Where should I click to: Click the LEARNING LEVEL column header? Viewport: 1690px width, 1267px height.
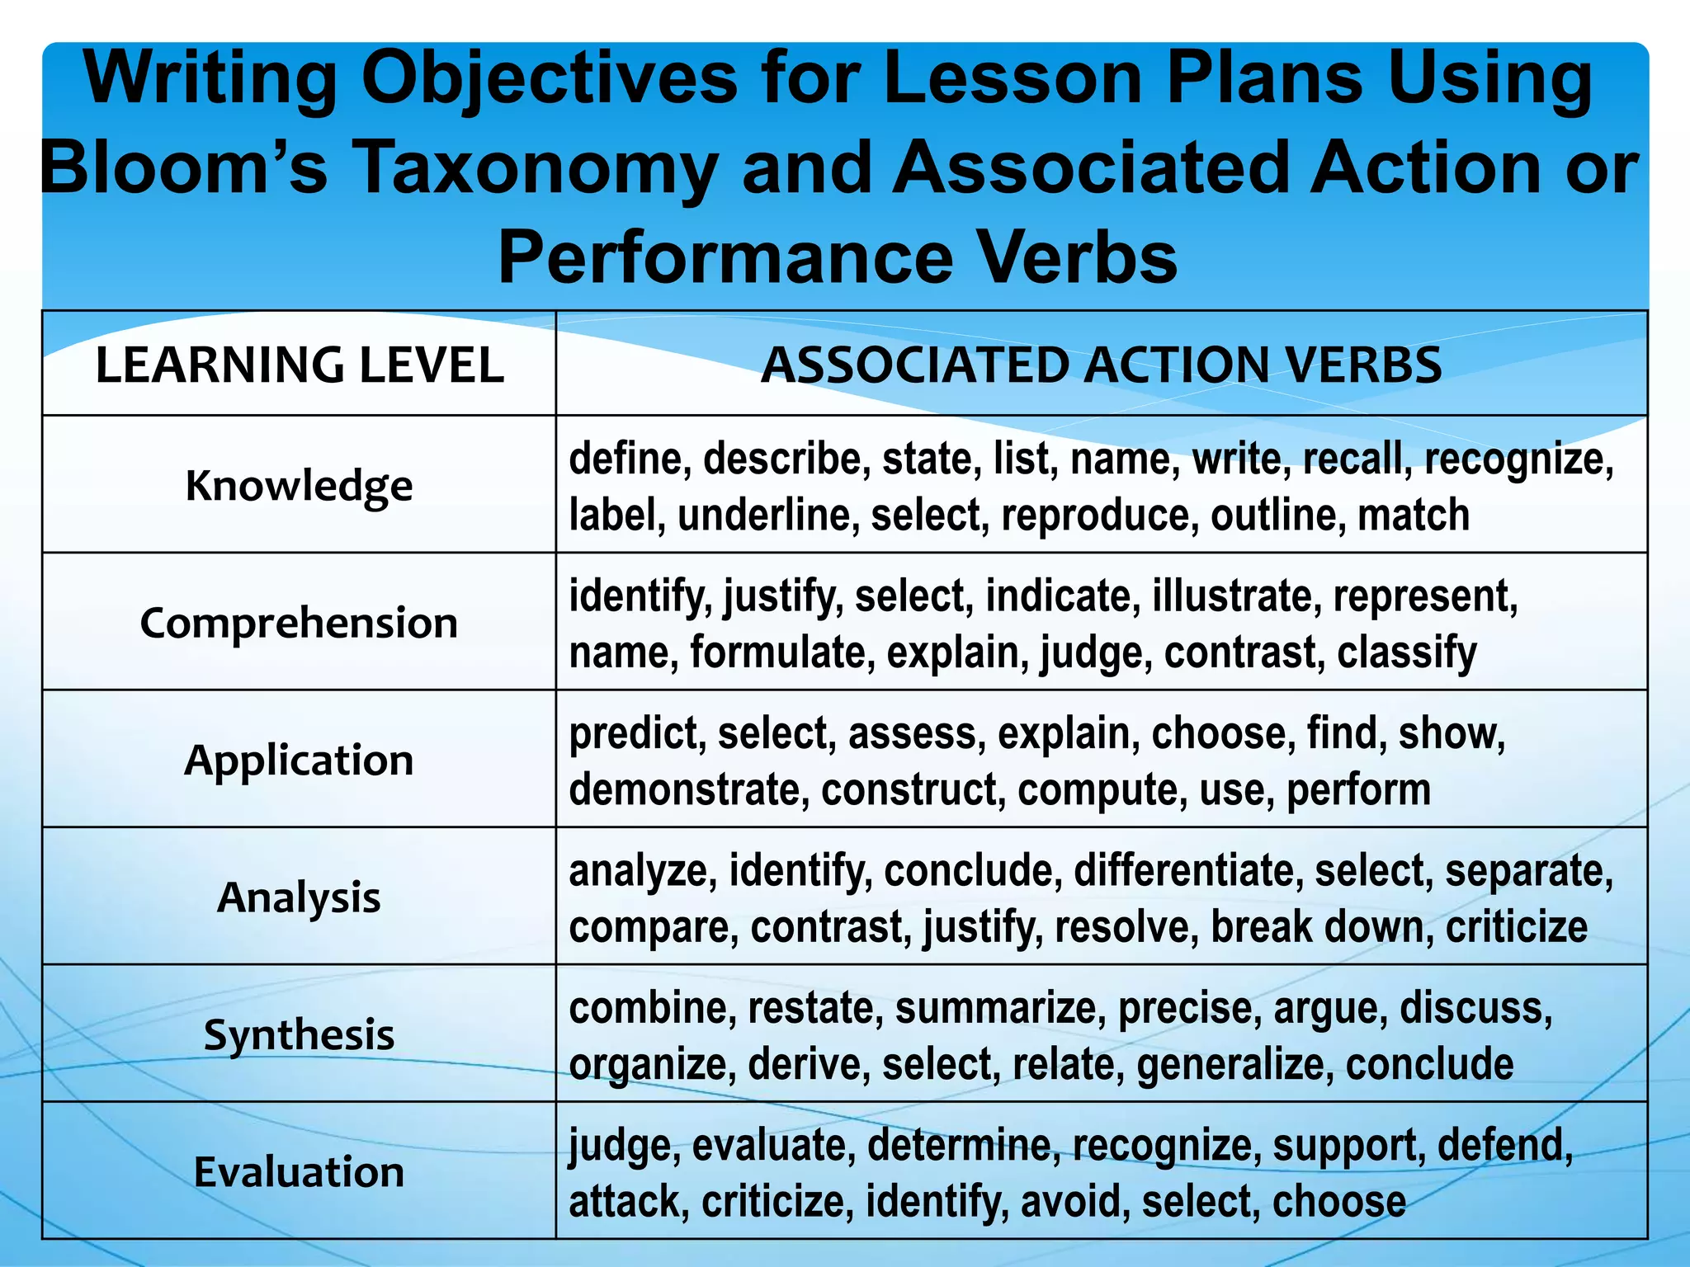pos(300,365)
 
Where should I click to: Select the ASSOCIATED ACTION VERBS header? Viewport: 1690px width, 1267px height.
pos(1101,365)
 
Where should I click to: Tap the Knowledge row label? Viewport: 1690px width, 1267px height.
pos(299,486)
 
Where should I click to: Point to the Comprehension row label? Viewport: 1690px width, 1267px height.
pos(299,623)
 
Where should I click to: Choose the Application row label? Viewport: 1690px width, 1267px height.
pos(299,760)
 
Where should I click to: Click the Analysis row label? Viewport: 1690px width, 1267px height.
pos(299,897)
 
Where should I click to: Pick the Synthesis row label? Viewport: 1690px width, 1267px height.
pos(299,1034)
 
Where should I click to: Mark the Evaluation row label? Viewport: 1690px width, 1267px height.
pos(299,1172)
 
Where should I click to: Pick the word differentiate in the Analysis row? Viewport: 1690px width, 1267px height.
pos(1188,871)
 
